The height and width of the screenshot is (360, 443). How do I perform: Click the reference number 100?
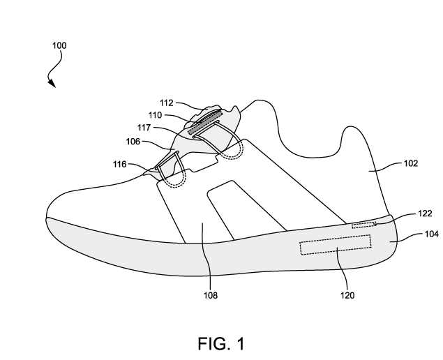(x=60, y=46)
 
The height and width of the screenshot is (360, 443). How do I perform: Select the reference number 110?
(x=156, y=114)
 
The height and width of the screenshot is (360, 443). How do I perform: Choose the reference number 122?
(x=407, y=215)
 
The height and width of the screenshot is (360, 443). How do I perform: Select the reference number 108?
(x=210, y=295)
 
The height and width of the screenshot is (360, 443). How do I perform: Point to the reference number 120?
(x=347, y=295)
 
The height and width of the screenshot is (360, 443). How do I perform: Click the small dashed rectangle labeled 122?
(x=363, y=225)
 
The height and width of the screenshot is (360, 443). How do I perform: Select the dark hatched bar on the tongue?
(x=205, y=121)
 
